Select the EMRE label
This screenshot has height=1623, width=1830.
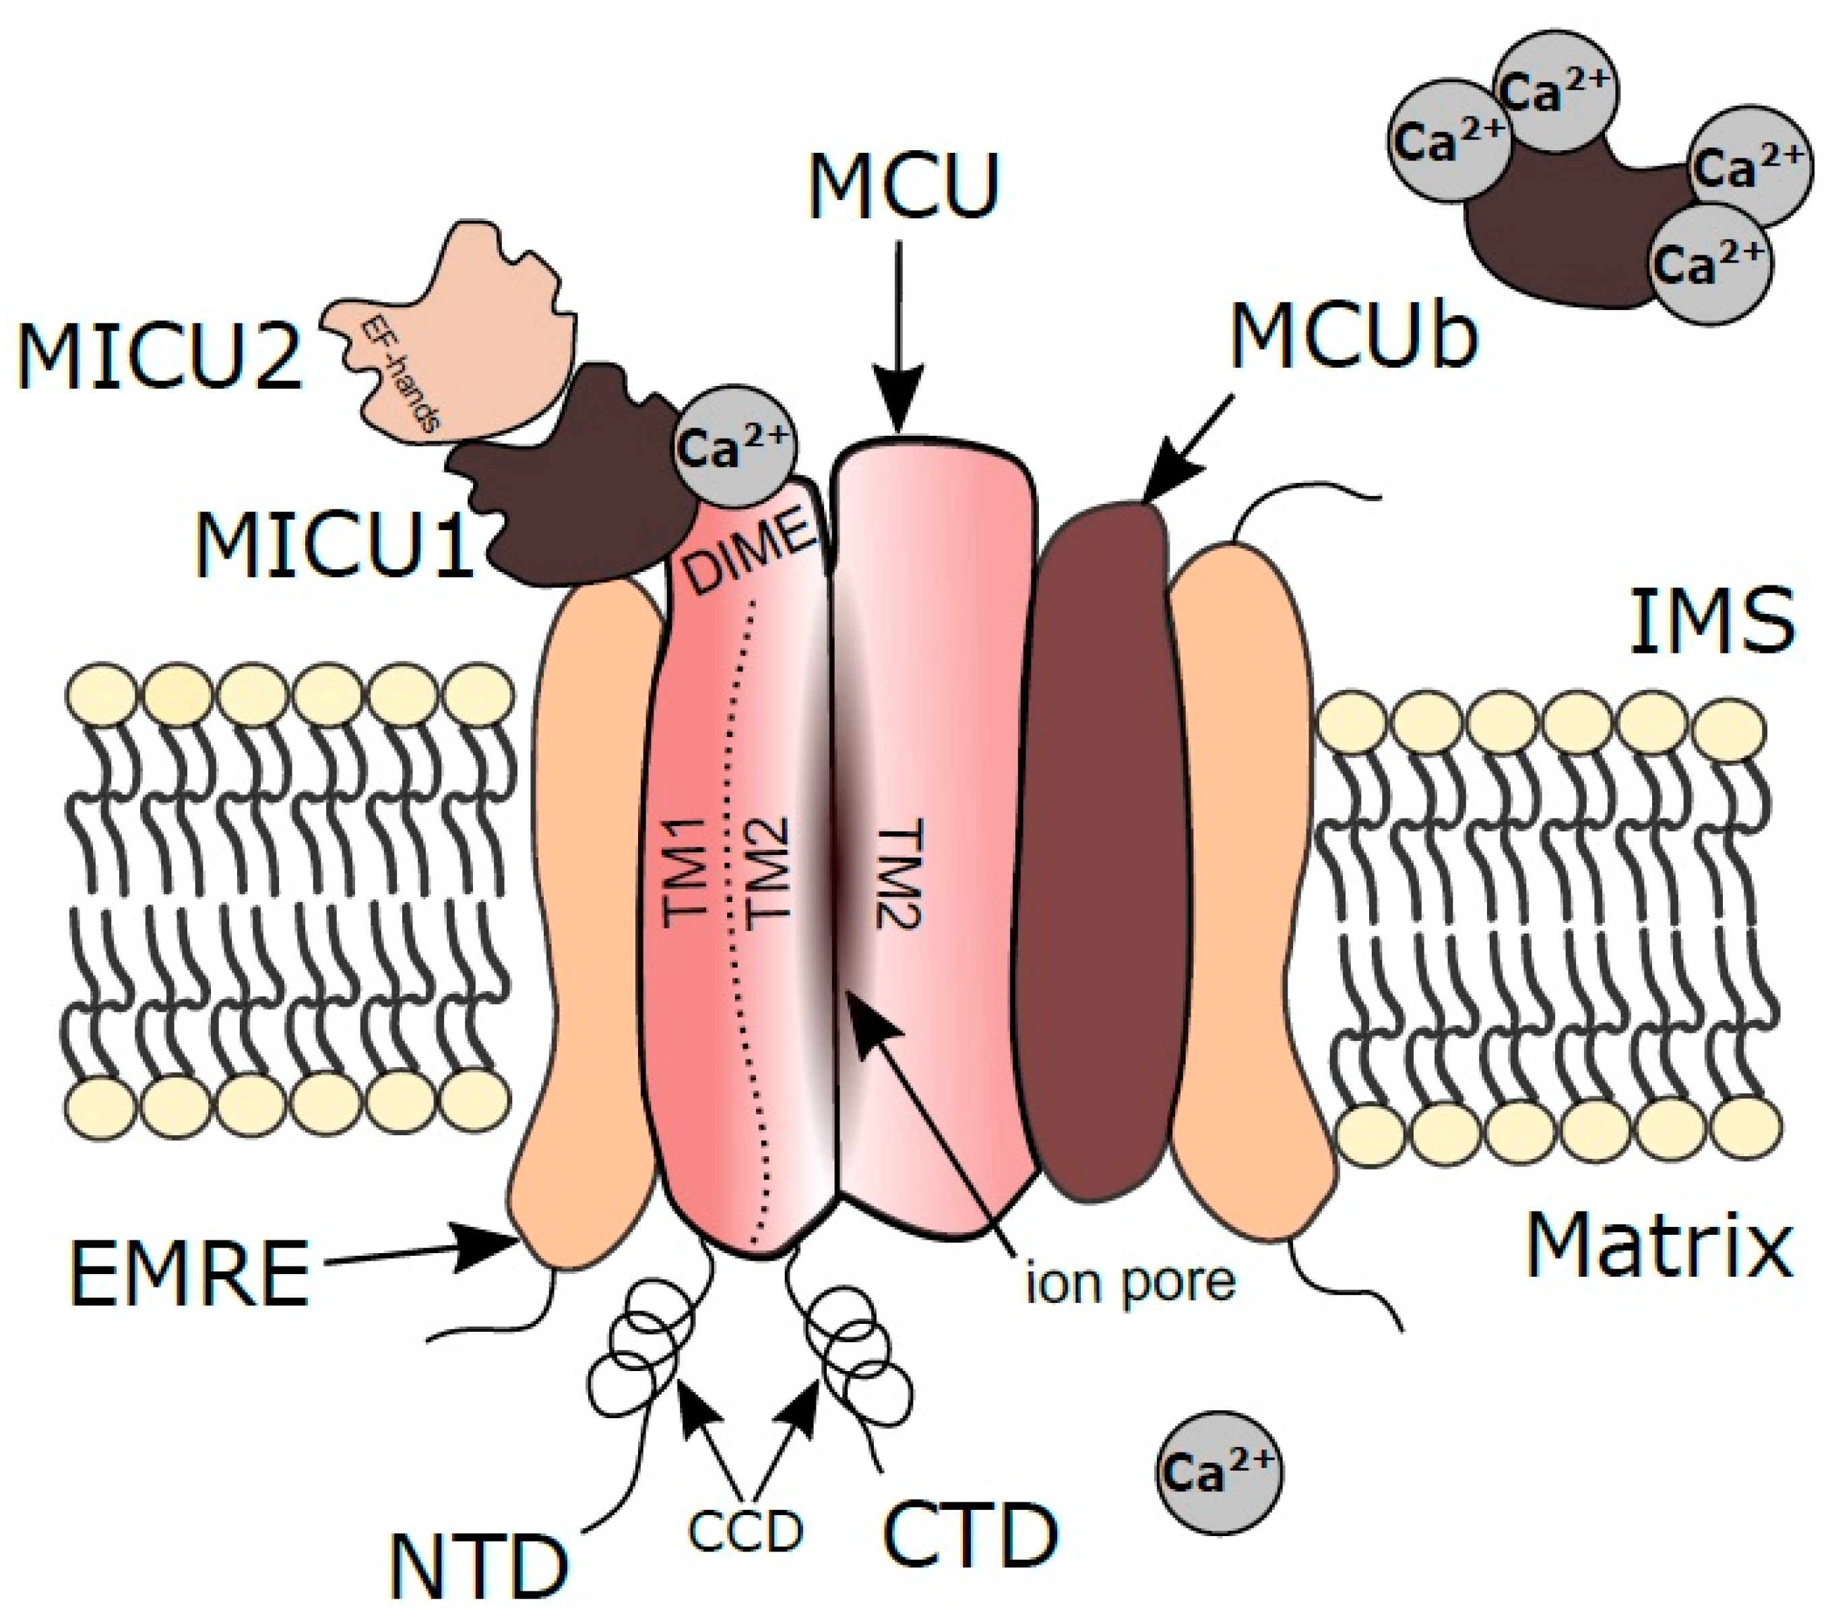190,1275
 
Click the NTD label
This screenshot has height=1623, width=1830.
480,1566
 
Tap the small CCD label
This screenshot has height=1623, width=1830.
746,1533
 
